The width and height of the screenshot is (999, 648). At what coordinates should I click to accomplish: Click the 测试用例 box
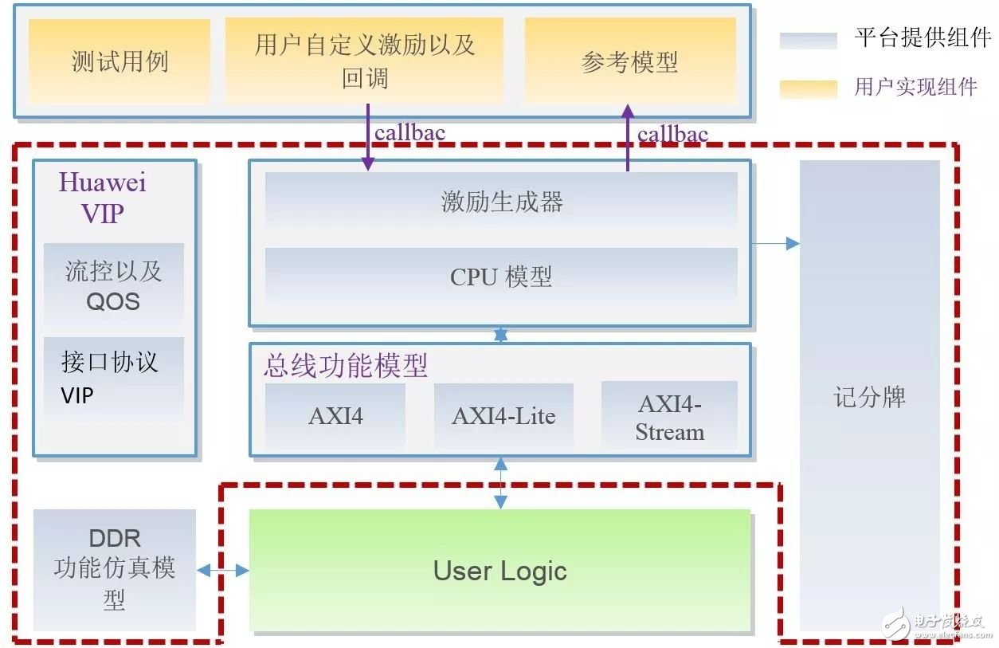119,61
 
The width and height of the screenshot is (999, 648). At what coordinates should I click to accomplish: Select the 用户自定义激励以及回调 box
364,61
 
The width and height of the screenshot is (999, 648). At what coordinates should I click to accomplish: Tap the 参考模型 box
629,61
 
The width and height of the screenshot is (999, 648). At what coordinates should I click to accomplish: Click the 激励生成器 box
501,202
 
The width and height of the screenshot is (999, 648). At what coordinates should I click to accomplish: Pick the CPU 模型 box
501,277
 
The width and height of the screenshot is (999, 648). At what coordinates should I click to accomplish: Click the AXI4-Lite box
503,415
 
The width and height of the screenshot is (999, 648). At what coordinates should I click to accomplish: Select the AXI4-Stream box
669,417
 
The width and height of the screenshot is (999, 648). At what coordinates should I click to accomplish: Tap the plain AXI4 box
335,415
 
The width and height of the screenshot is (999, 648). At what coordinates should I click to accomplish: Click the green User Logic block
500,571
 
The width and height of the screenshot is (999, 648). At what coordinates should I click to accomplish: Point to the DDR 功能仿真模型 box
115,569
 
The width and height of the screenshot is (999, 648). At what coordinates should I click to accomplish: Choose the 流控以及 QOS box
113,285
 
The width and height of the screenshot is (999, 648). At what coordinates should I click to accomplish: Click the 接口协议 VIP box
113,378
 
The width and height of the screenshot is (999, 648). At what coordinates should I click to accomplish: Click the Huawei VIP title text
103,197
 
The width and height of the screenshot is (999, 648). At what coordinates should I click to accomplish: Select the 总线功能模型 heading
346,366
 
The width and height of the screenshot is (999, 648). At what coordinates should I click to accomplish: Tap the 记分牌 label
869,397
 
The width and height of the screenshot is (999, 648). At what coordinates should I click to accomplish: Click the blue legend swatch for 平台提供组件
808,41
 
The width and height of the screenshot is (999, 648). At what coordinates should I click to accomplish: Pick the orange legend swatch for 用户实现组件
808,88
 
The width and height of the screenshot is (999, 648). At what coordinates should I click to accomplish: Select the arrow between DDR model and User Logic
222,570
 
